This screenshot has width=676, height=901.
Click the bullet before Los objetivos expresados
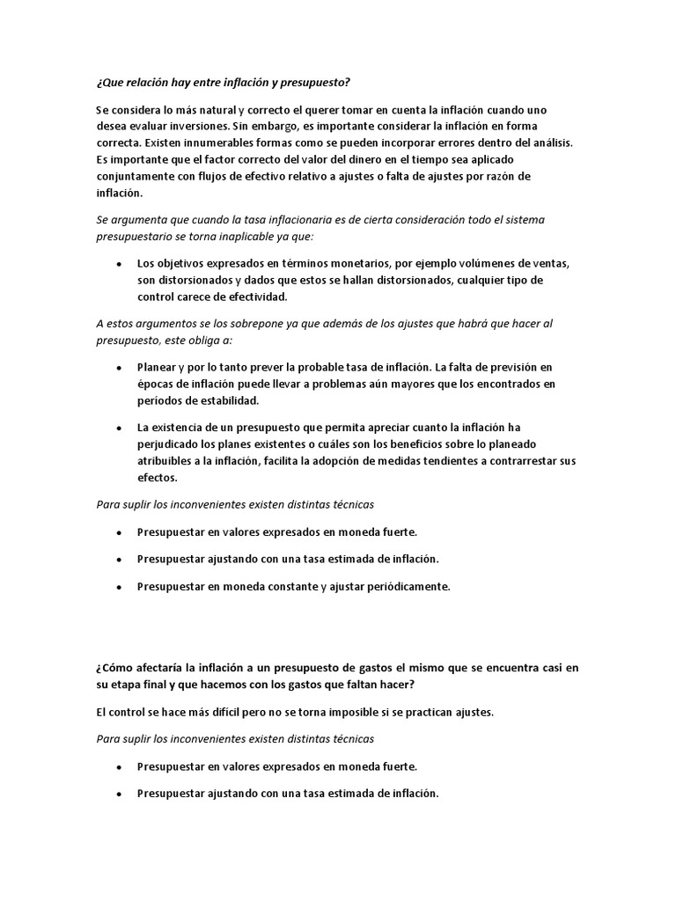119,263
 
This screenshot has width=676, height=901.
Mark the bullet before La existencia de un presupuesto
119,427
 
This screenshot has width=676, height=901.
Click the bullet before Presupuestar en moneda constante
119,587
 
